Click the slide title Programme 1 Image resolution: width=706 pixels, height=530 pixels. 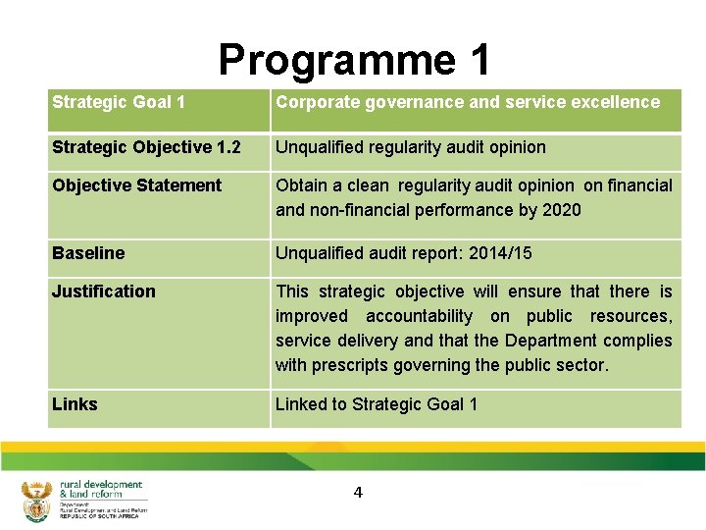click(x=354, y=60)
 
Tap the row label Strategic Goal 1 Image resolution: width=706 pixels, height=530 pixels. click(x=119, y=102)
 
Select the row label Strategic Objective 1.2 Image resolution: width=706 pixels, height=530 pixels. click(x=146, y=147)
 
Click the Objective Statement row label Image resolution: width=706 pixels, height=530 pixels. click(x=137, y=185)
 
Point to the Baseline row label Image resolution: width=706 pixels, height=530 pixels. click(x=88, y=253)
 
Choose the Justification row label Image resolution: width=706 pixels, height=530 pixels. click(x=104, y=291)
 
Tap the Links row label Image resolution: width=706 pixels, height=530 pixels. click(x=75, y=404)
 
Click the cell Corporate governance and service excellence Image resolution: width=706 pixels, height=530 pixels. click(x=468, y=102)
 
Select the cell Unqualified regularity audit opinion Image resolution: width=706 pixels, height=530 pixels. click(x=411, y=147)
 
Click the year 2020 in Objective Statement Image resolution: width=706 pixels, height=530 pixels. click(x=561, y=210)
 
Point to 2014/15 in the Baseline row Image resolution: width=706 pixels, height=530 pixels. click(x=500, y=253)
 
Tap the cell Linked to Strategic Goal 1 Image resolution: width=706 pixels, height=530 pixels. click(x=377, y=404)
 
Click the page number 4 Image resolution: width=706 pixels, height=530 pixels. click(x=358, y=493)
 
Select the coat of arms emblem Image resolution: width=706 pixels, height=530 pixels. click(x=35, y=501)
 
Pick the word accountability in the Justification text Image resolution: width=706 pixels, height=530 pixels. click(x=419, y=316)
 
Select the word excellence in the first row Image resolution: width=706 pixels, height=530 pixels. click(x=620, y=102)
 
